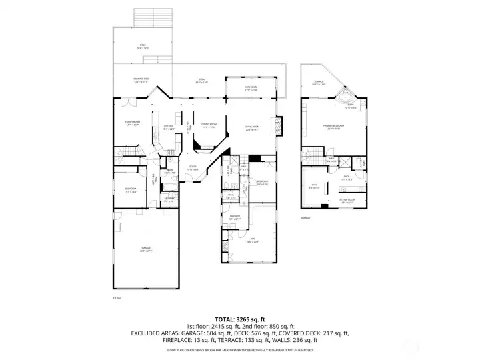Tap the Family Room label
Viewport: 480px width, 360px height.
[132, 123]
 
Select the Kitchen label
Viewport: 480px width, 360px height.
[168, 127]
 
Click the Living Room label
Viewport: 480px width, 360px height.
[251, 127]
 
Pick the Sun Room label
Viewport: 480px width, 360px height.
[251, 88]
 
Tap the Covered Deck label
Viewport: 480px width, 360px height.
[141, 80]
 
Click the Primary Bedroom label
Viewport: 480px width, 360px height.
[333, 128]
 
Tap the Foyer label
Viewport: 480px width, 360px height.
[192, 167]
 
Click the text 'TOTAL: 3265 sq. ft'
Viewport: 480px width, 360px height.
[240, 319]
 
